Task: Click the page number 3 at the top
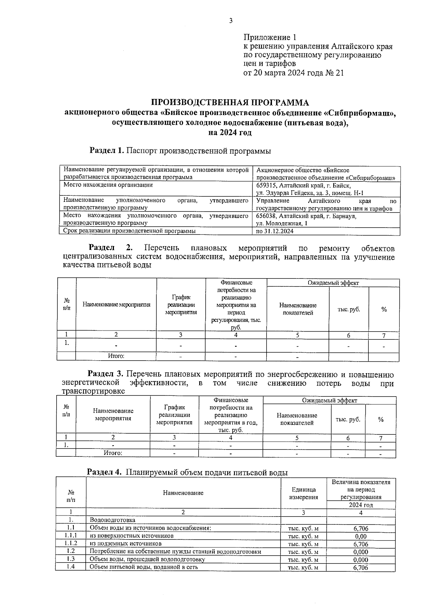pyautogui.click(x=231, y=21)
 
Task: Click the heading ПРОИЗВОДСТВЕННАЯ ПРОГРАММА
pyautogui.click(x=230, y=103)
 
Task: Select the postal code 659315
pyautogui.click(x=267, y=186)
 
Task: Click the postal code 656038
pyautogui.click(x=267, y=217)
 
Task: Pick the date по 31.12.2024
pyautogui.click(x=275, y=232)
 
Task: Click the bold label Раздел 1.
pyautogui.click(x=107, y=151)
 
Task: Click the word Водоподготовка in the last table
pyautogui.click(x=113, y=520)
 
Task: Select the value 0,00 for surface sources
pyautogui.click(x=360, y=537)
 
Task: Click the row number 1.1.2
pyautogui.click(x=71, y=543)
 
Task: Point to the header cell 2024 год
pyautogui.click(x=361, y=505)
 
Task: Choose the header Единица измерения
pyautogui.click(x=304, y=493)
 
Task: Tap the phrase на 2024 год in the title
pyautogui.click(x=230, y=133)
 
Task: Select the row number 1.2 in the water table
pyautogui.click(x=71, y=551)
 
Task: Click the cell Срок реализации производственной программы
pyautogui.click(x=129, y=232)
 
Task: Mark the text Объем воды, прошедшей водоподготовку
pyautogui.click(x=147, y=559)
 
